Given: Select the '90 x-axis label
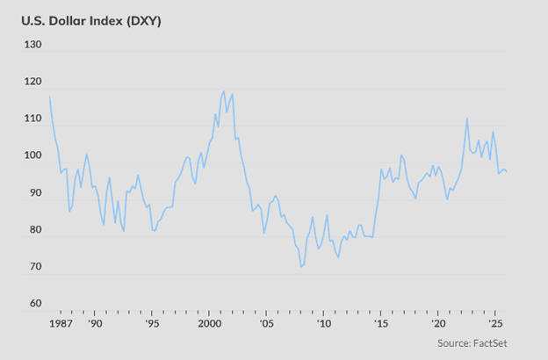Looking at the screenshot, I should click(x=95, y=324).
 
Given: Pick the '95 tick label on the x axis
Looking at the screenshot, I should click(x=152, y=324).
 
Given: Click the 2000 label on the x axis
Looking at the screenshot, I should click(x=209, y=324).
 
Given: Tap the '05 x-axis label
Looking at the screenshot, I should click(x=266, y=324).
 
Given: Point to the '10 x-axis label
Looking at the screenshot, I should click(x=323, y=324).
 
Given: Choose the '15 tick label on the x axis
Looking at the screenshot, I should click(x=380, y=324).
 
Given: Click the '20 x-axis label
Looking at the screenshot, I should click(x=437, y=324).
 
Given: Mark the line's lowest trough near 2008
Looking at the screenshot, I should click(x=301, y=266).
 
